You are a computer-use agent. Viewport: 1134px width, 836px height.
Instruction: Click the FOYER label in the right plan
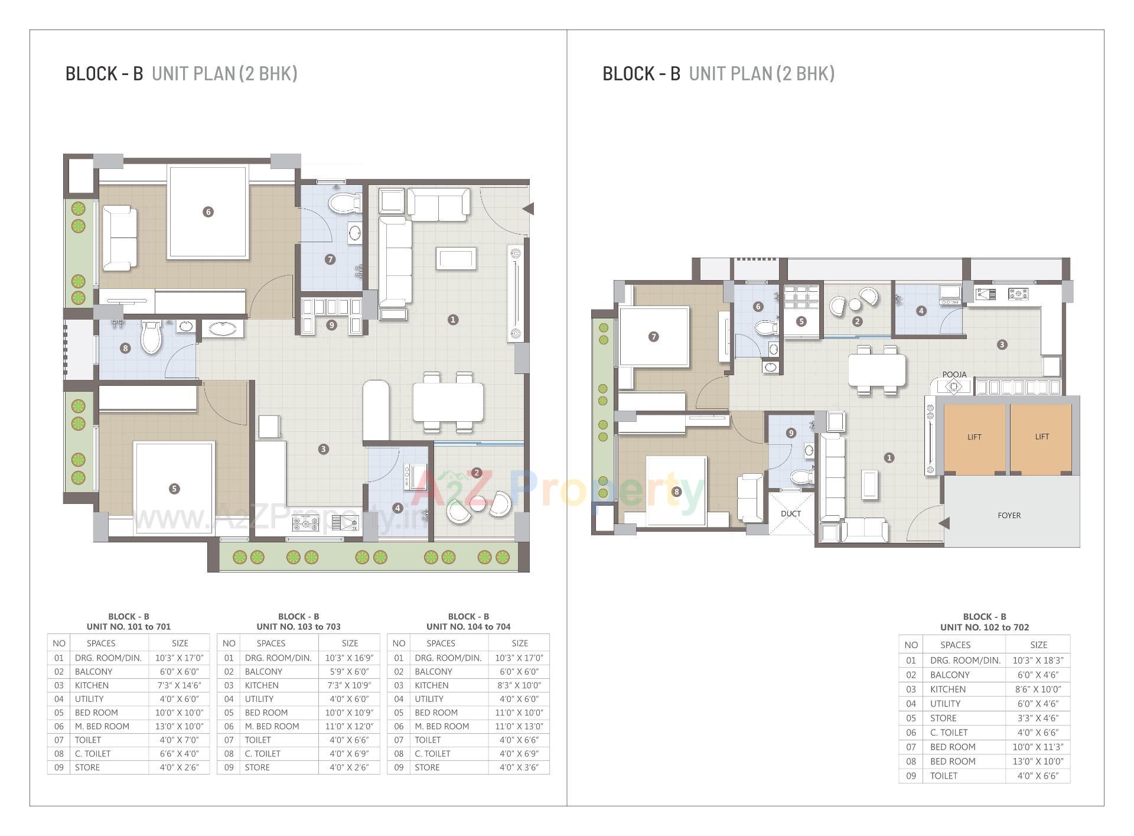tap(1009, 515)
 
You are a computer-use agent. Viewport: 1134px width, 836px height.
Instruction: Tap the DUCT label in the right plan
tap(790, 513)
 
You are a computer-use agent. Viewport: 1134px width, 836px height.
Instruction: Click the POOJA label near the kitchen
tap(954, 375)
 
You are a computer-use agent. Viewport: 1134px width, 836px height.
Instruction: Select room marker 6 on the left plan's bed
tap(207, 212)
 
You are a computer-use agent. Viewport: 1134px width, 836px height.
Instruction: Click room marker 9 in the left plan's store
tap(331, 325)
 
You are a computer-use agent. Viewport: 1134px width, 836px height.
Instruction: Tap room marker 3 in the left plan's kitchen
tap(323, 449)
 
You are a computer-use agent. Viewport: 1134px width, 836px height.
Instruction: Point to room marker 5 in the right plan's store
tap(801, 321)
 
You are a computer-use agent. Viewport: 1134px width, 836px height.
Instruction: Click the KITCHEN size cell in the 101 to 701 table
tap(178, 685)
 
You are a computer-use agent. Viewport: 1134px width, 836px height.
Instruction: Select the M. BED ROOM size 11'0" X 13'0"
tap(519, 726)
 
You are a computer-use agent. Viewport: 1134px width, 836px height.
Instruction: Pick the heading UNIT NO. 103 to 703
tap(298, 626)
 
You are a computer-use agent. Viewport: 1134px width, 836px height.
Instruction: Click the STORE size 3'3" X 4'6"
tap(1038, 718)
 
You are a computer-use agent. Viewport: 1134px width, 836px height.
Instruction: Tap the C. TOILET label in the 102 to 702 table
tap(948, 733)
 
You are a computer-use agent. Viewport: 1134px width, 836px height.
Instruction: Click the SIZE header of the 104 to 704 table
tap(519, 643)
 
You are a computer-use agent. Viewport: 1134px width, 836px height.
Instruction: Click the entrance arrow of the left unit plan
tap(529, 209)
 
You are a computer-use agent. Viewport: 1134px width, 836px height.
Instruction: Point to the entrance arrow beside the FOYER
tap(944, 523)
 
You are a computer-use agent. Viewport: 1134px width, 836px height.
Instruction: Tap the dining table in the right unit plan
tap(876, 369)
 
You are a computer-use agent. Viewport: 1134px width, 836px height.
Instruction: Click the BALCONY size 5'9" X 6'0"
tap(349, 672)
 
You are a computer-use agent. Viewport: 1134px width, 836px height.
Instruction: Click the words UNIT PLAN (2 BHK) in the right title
tap(761, 74)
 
